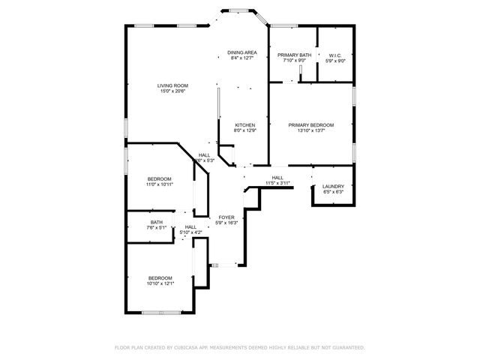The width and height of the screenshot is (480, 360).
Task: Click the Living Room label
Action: [172, 85]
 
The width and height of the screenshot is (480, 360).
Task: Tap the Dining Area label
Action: [243, 52]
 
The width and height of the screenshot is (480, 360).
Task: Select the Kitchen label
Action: [245, 124]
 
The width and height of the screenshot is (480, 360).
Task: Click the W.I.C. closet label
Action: [334, 55]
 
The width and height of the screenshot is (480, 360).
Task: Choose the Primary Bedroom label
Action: [311, 124]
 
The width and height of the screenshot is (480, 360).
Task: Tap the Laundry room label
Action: [332, 186]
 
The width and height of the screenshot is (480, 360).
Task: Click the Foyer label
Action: [226, 217]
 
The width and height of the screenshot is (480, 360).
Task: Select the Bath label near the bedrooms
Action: [156, 222]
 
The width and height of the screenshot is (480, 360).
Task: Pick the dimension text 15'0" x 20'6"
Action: [172, 91]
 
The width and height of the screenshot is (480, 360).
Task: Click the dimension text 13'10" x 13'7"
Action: [311, 130]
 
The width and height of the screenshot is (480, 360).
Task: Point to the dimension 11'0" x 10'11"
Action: [159, 184]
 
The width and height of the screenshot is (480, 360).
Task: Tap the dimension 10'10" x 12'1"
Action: [160, 283]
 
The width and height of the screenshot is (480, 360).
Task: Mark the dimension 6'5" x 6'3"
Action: [332, 192]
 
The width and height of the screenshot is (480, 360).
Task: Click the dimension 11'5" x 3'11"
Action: [277, 183]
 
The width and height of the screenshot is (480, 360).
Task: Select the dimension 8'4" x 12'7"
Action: [243, 58]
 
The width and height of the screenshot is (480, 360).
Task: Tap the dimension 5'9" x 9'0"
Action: [334, 61]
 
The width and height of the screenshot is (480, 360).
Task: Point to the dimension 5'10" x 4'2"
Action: [190, 232]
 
